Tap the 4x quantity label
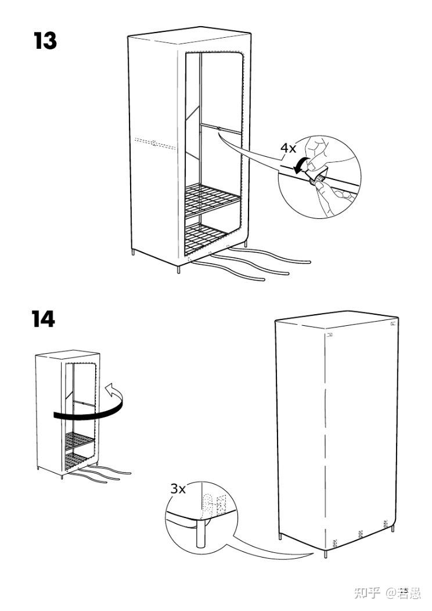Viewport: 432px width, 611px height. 289,148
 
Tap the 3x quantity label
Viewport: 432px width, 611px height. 178,488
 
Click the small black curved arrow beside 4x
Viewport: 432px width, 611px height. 300,165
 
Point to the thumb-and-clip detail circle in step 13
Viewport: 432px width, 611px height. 319,177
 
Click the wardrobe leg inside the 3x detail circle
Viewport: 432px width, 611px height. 201,535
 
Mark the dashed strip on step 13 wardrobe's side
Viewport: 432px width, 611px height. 154,142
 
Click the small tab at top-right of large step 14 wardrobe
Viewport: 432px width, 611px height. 394,323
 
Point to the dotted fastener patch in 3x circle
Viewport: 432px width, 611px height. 207,499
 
